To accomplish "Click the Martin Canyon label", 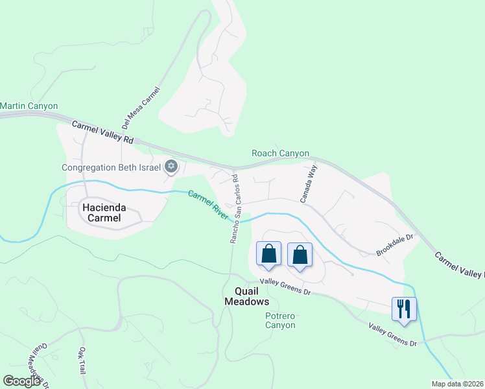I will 29,106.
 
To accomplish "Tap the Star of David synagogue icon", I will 171,167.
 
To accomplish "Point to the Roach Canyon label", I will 280,154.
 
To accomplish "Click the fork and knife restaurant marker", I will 404,309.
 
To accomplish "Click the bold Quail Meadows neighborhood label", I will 246,296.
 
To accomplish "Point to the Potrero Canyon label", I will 280,320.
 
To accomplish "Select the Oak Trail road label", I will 82,360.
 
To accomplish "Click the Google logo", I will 22,381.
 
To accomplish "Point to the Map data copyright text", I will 458,384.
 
